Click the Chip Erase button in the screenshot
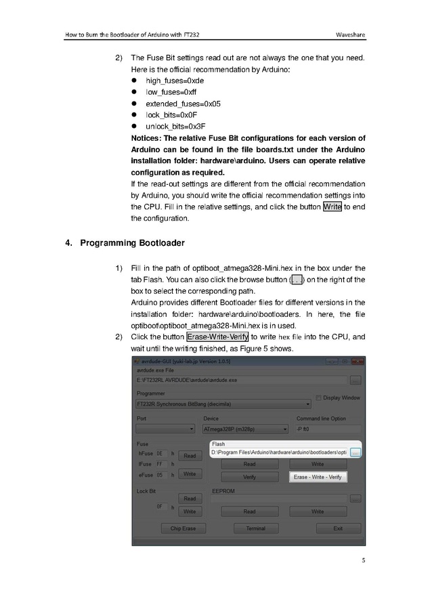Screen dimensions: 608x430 pos(179,528)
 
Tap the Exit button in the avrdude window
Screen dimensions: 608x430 pos(338,528)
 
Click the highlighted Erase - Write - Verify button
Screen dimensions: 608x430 pos(318,477)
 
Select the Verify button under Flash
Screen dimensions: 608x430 pos(249,477)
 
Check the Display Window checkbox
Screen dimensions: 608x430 pos(320,398)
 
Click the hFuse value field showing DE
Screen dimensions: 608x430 pos(160,453)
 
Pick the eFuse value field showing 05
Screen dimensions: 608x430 pos(160,475)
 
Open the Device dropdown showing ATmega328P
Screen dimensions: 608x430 pos(246,429)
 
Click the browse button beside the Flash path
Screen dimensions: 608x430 pos(356,452)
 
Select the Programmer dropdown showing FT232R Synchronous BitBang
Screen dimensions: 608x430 pos(223,404)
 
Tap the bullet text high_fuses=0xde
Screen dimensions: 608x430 pos(175,81)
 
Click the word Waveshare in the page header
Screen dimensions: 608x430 pos(350,34)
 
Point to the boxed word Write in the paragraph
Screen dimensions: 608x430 pos(332,207)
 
